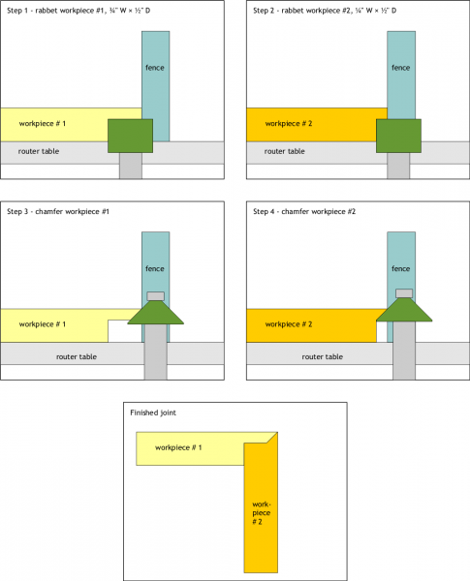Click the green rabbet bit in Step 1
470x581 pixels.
[x=130, y=136]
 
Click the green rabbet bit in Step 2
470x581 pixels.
[x=399, y=136]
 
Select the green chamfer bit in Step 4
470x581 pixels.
[x=404, y=310]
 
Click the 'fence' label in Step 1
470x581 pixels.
[x=155, y=68]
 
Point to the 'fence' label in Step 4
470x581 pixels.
[x=400, y=268]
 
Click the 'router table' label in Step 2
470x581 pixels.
[x=285, y=151]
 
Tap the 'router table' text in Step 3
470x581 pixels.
[x=77, y=356]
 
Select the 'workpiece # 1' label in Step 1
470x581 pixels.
[x=43, y=124]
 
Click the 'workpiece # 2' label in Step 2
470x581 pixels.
[x=289, y=124]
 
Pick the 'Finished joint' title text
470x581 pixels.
[x=153, y=413]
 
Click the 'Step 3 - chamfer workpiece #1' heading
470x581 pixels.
[x=58, y=211]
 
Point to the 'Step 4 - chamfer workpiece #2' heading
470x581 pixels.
[x=304, y=211]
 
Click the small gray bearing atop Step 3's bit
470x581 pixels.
[x=155, y=296]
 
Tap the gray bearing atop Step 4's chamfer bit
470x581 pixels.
[x=404, y=293]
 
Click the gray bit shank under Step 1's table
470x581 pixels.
[x=131, y=166]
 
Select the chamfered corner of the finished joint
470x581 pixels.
[x=272, y=438]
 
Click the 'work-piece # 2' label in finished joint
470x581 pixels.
[x=262, y=513]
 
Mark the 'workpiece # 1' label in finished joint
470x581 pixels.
[x=178, y=447]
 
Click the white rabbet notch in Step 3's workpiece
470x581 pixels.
[x=125, y=331]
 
